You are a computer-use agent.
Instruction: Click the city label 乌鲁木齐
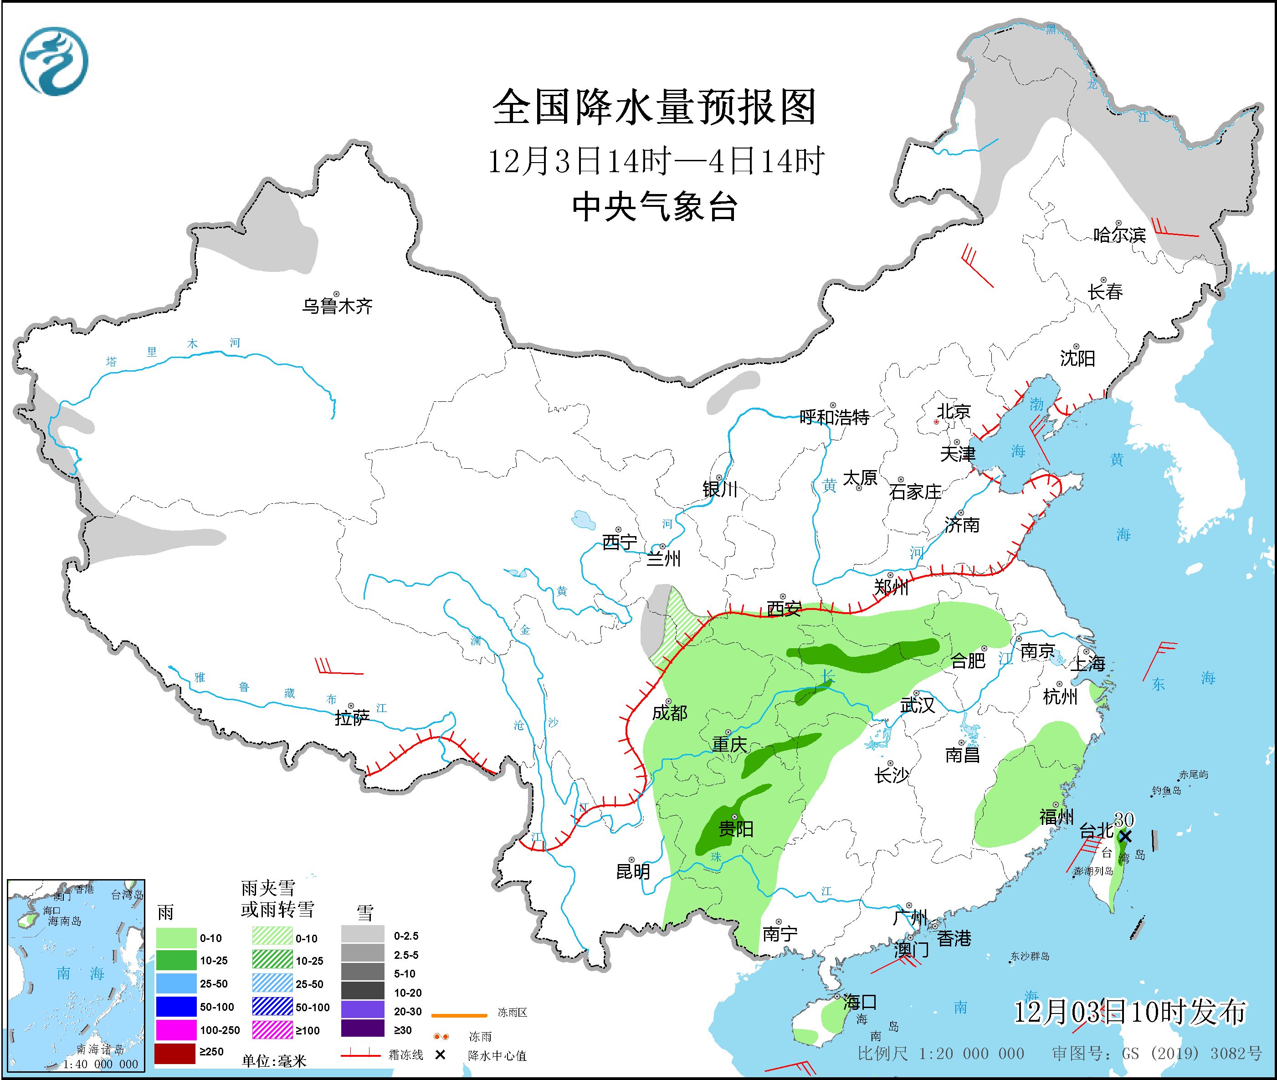point(337,306)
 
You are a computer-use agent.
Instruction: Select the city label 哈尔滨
point(1119,235)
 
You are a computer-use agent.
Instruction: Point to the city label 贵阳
point(736,829)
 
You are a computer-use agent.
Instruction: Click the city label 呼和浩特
point(834,418)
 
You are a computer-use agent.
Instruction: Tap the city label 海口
point(860,1002)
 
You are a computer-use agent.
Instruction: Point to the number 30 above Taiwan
point(1124,819)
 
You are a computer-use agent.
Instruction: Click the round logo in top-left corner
point(54,61)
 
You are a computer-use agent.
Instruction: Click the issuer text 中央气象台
point(654,206)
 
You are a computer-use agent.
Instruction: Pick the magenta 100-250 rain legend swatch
point(174,1030)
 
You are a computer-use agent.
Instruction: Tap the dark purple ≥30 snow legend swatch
point(363,1030)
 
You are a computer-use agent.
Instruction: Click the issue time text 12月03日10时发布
point(1129,1013)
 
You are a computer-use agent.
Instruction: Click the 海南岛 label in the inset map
point(64,921)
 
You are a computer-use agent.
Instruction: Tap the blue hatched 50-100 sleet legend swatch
point(272,1007)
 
